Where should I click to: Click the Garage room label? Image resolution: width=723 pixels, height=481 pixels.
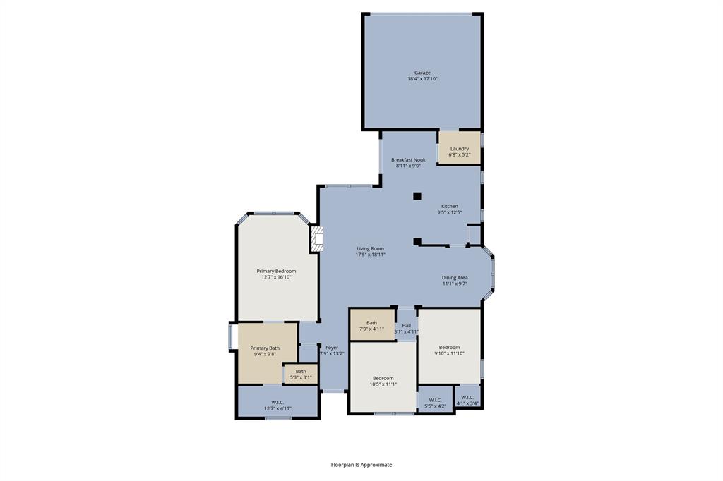tap(422, 73)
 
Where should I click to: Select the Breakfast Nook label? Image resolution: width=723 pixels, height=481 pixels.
tap(408, 160)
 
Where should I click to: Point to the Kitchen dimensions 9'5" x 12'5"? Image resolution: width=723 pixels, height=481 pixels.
tap(450, 212)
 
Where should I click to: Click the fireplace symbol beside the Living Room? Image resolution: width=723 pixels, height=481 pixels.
tap(317, 239)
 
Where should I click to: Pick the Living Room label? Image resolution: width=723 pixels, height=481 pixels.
tap(370, 248)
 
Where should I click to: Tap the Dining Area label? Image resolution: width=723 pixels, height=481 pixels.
tap(455, 278)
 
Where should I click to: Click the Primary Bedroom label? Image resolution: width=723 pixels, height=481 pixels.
tap(276, 272)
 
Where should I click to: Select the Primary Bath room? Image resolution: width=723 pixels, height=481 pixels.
tap(265, 351)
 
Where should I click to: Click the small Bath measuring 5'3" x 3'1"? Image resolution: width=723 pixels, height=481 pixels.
tap(301, 374)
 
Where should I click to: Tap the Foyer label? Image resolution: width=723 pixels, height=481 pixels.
tap(332, 348)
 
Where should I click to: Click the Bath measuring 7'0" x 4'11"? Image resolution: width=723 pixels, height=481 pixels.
tap(371, 326)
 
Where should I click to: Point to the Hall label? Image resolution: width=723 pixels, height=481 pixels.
tap(406, 325)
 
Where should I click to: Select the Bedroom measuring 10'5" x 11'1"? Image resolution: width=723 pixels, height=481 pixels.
tap(383, 381)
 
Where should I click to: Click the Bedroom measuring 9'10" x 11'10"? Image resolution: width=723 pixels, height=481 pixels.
tap(449, 350)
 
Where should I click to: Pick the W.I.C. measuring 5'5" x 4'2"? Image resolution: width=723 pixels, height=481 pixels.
tap(435, 403)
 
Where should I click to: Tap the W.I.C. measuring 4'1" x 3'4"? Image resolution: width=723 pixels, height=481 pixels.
tap(467, 400)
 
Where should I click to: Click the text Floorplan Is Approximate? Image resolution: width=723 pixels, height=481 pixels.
tap(361, 465)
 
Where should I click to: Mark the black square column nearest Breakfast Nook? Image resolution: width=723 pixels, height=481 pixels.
tap(417, 196)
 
